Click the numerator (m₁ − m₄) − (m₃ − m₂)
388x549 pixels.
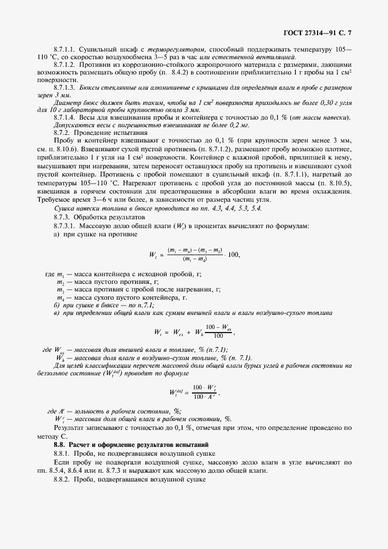click(194, 249)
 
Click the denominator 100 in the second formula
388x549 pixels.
click(218, 336)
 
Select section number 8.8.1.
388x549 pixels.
click(62, 455)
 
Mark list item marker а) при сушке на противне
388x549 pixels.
click(56, 235)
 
